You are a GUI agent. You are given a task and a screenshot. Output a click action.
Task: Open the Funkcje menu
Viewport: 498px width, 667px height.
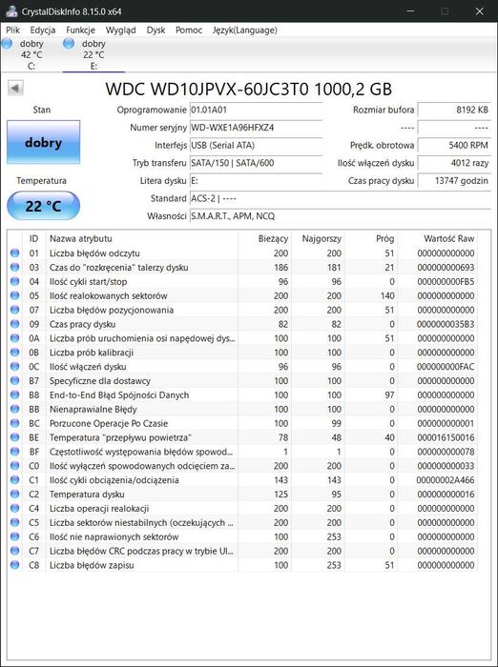pos(80,30)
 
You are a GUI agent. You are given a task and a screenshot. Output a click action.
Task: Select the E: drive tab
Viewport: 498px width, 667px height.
pos(93,54)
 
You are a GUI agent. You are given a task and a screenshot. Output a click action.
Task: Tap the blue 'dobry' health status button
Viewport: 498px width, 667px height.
pos(43,143)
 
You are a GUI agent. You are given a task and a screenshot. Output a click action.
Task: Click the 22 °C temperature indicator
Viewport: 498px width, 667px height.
pos(43,206)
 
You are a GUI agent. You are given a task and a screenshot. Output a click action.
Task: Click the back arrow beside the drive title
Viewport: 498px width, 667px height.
pos(15,89)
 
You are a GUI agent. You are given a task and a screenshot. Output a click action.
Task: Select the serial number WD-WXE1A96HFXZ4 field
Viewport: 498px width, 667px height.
pos(256,128)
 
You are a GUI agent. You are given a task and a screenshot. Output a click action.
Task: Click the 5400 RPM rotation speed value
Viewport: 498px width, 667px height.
pos(454,146)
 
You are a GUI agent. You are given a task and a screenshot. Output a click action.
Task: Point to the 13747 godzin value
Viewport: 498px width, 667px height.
pos(454,181)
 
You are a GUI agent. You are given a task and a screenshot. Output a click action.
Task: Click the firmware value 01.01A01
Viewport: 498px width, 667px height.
pos(256,111)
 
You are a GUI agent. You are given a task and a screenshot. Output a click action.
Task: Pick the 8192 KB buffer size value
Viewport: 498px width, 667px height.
pos(454,111)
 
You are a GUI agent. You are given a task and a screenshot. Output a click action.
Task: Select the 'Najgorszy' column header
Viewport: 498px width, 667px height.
pos(322,238)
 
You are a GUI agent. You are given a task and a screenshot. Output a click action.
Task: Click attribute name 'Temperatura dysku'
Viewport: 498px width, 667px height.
pos(88,495)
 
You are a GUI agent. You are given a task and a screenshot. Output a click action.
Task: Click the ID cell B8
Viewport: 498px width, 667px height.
pos(34,394)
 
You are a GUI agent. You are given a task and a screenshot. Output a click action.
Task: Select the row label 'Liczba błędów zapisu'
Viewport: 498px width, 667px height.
pos(92,565)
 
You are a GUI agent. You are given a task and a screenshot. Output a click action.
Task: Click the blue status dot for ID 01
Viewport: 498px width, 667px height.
pos(14,253)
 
